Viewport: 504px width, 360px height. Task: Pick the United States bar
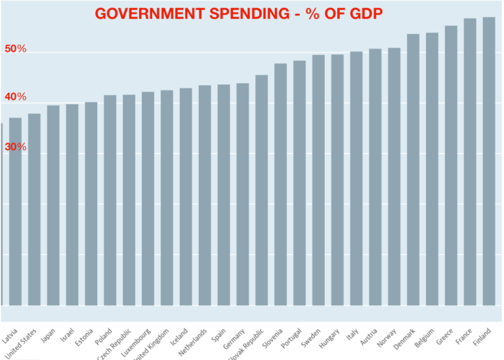(34, 210)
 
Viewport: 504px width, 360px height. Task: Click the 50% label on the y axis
(15, 49)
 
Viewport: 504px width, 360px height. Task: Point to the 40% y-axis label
(15, 98)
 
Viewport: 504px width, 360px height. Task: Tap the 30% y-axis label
(15, 148)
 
